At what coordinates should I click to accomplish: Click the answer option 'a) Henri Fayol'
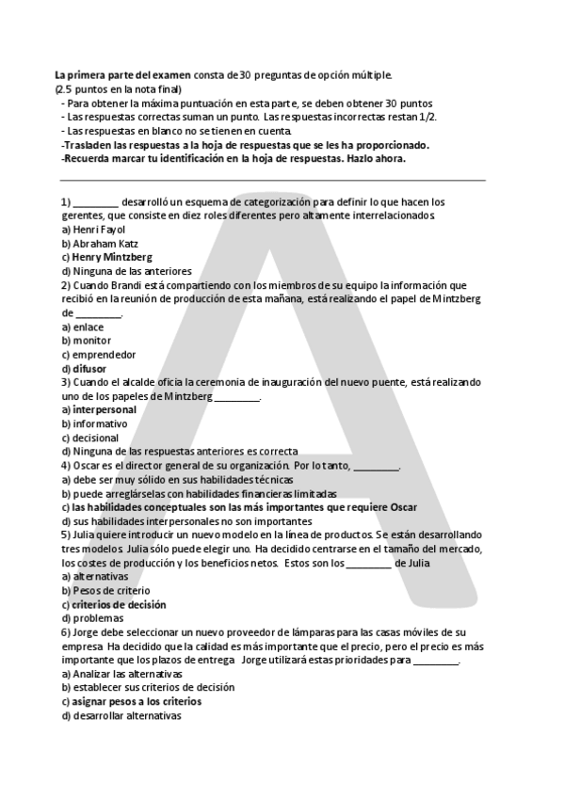[93, 229]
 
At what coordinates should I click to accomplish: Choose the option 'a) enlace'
[83, 327]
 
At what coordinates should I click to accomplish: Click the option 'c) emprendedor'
[98, 355]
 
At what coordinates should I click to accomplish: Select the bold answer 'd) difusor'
[84, 368]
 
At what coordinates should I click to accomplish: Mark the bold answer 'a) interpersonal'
[98, 409]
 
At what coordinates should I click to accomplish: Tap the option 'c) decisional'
[90, 438]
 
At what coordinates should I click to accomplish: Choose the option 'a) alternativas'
[95, 576]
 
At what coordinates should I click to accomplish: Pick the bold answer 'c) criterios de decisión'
[113, 604]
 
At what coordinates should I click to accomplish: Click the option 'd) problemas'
[91, 618]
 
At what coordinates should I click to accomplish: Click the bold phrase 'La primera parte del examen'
[123, 74]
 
